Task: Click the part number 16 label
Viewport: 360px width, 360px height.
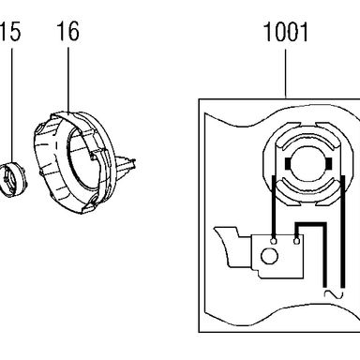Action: tap(67, 31)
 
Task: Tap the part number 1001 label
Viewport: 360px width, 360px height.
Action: tap(286, 32)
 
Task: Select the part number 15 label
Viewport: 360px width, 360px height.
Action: tap(10, 31)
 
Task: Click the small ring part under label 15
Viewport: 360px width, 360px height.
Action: tap(13, 179)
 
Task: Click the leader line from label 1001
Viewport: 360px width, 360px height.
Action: tap(285, 73)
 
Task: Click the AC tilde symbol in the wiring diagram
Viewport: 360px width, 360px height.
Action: tap(334, 294)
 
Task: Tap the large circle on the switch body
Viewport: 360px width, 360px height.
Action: tap(269, 256)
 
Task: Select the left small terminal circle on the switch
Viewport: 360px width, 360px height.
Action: tap(274, 241)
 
